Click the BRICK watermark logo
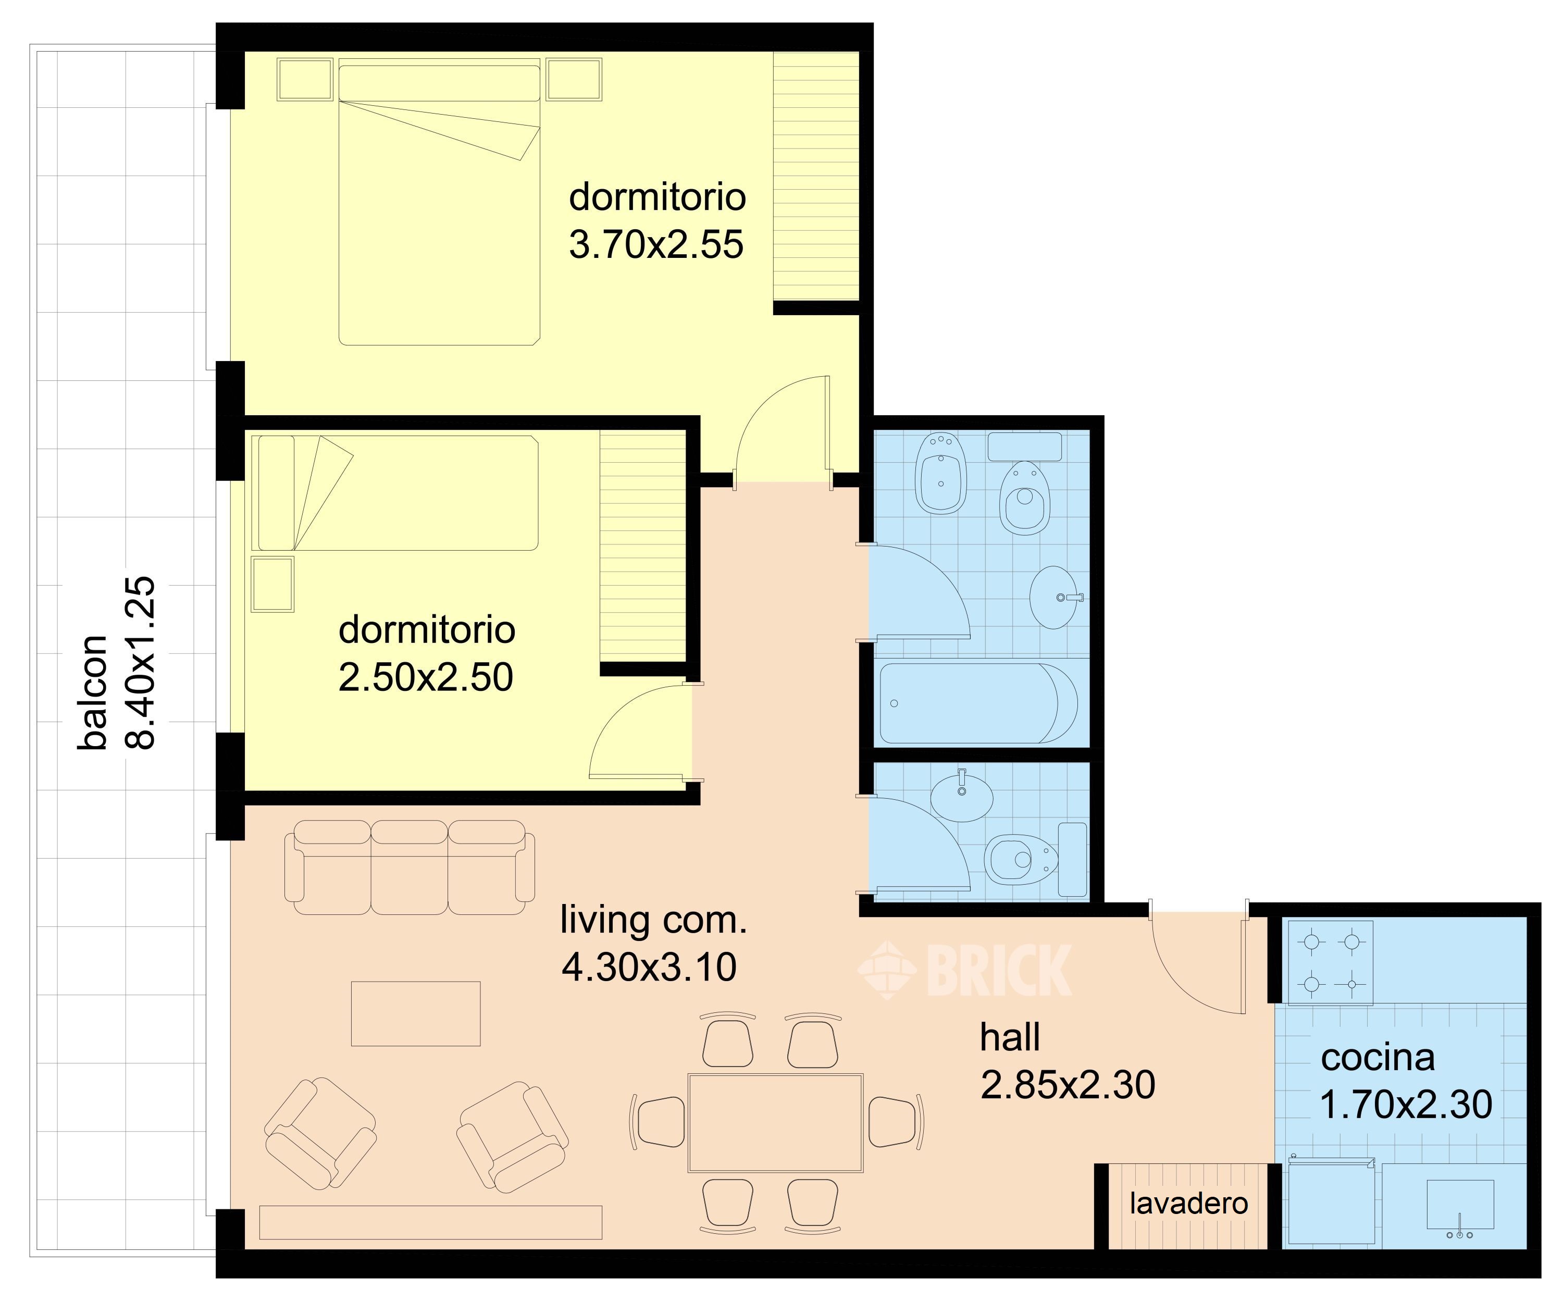pyautogui.click(x=965, y=969)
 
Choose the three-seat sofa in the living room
pyautogui.click(x=410, y=867)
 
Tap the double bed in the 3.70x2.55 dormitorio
pyautogui.click(x=439, y=205)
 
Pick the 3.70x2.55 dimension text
pyautogui.click(x=656, y=245)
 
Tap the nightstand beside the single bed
pyautogui.click(x=273, y=584)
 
